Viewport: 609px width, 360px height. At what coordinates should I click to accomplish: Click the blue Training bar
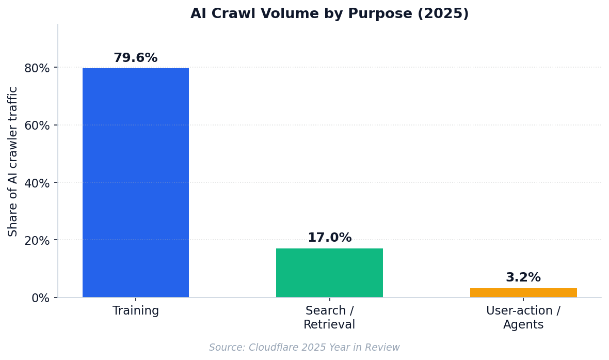tap(136, 183)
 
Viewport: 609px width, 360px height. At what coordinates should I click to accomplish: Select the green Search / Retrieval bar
tap(329, 273)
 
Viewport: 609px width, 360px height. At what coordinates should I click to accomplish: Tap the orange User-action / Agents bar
tap(523, 293)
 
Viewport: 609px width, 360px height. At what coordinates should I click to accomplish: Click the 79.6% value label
tap(136, 58)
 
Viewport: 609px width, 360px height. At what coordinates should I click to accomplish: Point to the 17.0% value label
tap(329, 238)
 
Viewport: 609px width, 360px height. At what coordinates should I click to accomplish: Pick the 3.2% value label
tap(523, 277)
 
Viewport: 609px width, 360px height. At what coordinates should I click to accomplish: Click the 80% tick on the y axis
tap(37, 68)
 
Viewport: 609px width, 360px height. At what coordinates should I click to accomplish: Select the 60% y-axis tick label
tap(37, 126)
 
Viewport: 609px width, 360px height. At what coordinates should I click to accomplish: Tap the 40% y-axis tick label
tap(37, 183)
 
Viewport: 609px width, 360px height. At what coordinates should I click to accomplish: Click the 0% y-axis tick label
tap(40, 299)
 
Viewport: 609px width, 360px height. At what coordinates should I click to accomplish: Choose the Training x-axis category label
tap(136, 310)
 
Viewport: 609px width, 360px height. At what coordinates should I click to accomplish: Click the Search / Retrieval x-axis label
tap(329, 317)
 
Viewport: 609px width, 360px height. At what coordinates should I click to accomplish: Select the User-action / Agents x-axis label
tap(523, 317)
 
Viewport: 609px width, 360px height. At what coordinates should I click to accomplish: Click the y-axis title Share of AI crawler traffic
tap(13, 161)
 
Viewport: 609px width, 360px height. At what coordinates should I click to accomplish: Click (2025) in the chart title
tap(443, 13)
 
